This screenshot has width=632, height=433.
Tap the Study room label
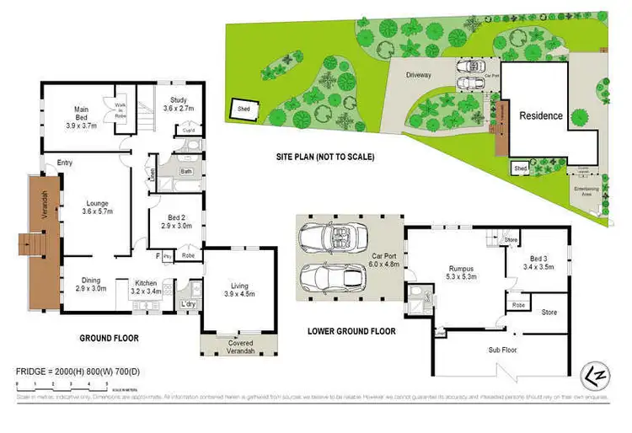pyautogui.click(x=178, y=104)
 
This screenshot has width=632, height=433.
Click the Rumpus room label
pyautogui.click(x=463, y=271)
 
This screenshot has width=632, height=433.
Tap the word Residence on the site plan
pyautogui.click(x=540, y=115)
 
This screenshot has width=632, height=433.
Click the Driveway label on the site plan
pyautogui.click(x=419, y=75)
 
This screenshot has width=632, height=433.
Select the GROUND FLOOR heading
pyautogui.click(x=110, y=338)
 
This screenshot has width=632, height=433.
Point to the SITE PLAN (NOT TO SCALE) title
pyautogui.click(x=325, y=158)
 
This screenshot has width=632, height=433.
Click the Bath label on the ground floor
pyautogui.click(x=185, y=170)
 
